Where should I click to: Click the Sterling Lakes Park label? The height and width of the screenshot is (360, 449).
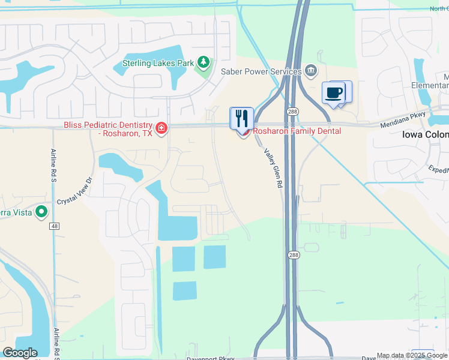[158, 62]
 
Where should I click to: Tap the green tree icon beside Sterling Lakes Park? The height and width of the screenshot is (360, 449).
[203, 62]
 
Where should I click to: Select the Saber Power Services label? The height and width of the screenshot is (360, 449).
[261, 71]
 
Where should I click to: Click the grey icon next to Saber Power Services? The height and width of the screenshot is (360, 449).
[311, 71]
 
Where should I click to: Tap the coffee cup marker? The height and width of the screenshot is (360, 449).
[334, 93]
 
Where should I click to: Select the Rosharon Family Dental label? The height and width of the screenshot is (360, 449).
[297, 131]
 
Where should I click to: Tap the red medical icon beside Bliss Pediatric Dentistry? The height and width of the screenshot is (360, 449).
[161, 128]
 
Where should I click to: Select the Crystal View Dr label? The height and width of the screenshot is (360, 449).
[76, 192]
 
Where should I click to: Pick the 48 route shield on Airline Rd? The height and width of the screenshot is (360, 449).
[55, 226]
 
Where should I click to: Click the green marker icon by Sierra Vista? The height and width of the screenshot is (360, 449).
[41, 211]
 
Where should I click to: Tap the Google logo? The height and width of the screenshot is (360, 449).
[20, 353]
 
